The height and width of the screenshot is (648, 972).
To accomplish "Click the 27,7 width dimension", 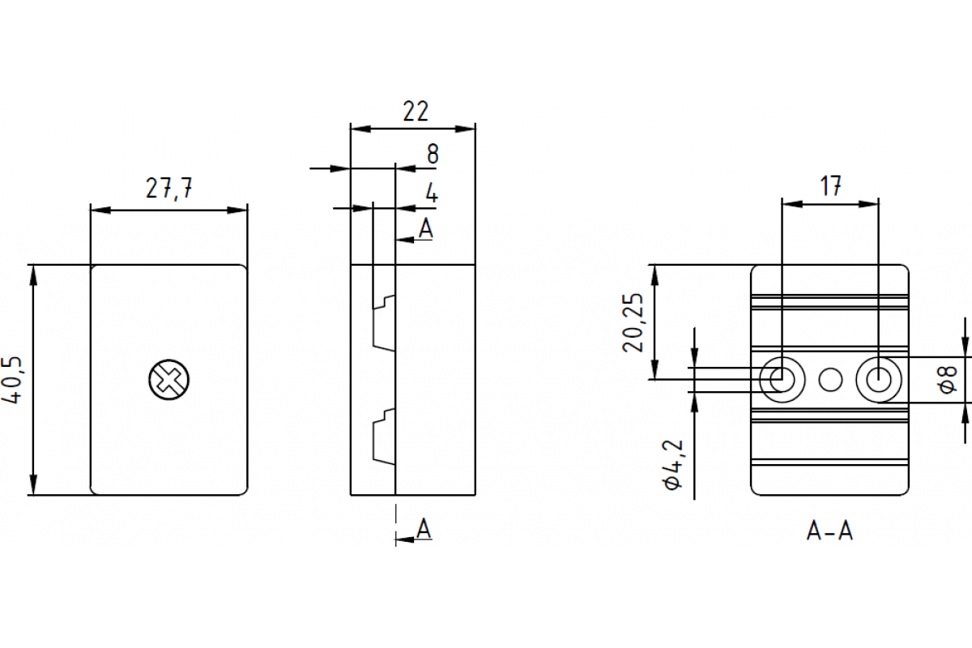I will [168, 189].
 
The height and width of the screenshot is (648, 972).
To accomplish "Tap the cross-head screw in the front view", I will [168, 379].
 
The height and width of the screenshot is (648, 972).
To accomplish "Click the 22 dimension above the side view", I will [415, 111].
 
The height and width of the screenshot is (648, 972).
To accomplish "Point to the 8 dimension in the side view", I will [433, 154].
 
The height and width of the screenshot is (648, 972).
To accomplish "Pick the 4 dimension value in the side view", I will [432, 194].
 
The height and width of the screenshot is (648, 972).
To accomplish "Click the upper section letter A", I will [426, 228].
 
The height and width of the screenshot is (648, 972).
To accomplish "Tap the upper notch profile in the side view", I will [383, 322].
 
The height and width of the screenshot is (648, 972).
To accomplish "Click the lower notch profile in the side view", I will [383, 437].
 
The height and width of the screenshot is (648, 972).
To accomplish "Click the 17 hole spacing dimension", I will [829, 187].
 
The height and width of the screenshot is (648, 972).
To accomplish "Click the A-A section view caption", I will [829, 531].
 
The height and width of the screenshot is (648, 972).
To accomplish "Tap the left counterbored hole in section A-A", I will [782, 378].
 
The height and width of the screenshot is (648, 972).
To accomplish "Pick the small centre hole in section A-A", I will [830, 378].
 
